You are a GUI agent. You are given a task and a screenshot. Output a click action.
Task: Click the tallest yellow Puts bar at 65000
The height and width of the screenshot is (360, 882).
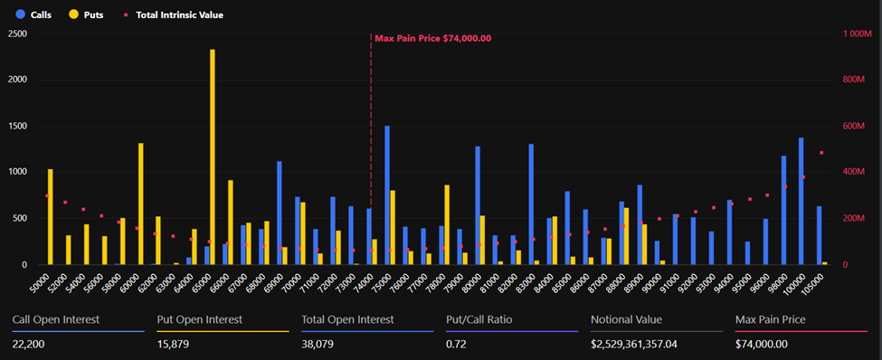coord(213,157)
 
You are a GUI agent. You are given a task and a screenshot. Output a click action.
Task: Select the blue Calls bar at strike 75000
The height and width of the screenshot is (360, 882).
coord(387,195)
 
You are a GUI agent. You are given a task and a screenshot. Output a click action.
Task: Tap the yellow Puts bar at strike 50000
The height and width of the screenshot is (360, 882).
coord(51,217)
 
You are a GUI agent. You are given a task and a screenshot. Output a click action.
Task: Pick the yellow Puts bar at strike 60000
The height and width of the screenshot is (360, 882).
coord(141,204)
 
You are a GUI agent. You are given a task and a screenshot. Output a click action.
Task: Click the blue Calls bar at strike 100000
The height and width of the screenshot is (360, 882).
coord(801,201)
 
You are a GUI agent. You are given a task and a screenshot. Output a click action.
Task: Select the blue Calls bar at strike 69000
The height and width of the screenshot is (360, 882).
coord(279,213)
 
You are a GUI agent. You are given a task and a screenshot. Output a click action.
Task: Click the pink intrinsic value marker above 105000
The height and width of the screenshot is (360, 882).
coord(821,153)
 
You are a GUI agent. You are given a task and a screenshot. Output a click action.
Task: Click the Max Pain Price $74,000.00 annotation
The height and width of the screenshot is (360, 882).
coord(432,38)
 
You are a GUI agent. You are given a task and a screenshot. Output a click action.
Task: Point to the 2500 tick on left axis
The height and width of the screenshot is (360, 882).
coord(16,33)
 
